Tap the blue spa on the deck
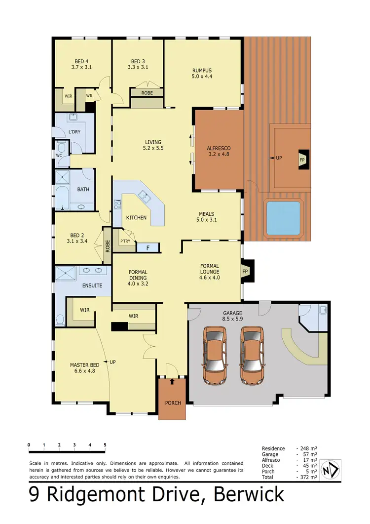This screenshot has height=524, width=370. (283, 218)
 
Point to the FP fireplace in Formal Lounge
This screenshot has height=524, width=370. (245, 271)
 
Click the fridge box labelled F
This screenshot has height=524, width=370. (148, 248)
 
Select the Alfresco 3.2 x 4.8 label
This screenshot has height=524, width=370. (219, 151)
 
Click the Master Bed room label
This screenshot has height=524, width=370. (84, 368)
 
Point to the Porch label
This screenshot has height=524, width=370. (173, 403)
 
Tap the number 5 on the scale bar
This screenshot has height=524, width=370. (105, 445)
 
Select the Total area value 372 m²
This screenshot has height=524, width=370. (308, 478)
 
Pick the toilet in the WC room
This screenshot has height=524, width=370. (62, 148)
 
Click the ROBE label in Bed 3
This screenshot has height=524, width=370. (147, 93)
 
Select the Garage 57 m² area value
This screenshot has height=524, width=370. (308, 454)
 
